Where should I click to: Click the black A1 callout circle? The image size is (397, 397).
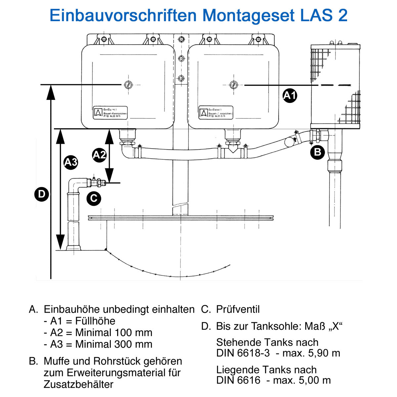(x=290, y=96)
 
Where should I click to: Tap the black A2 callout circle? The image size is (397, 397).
(x=99, y=155)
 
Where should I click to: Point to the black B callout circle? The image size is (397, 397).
(x=317, y=152)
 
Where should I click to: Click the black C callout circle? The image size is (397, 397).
(x=94, y=198)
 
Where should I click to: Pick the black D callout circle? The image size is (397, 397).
(x=42, y=194)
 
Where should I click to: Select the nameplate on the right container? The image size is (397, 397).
(x=216, y=113)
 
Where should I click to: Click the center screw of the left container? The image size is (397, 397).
(x=128, y=85)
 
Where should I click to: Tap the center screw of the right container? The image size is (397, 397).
(x=234, y=85)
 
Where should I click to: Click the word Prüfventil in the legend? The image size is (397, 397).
(x=238, y=309)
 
